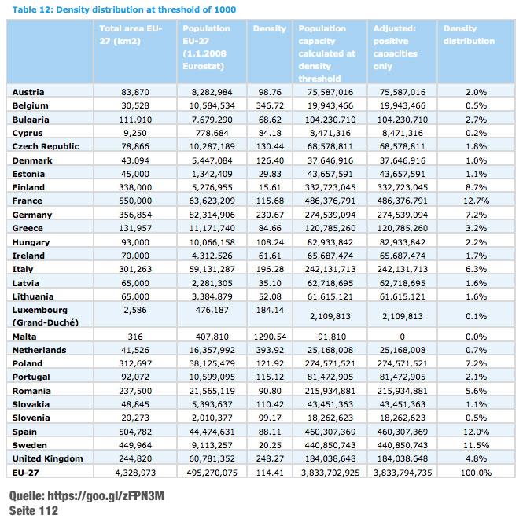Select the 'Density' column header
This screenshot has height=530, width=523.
coord(269,29)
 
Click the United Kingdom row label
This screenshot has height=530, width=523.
coord(49,458)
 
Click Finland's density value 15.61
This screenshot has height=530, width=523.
coord(270,187)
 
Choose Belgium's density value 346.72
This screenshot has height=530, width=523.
coord(268,105)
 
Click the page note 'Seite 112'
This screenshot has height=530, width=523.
coord(33,511)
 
